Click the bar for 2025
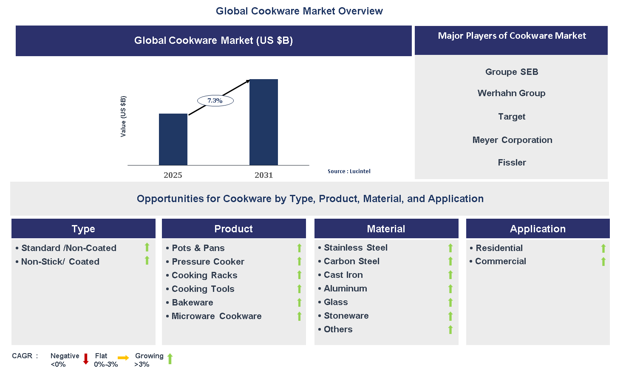pos(173,139)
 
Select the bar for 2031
pos(263,122)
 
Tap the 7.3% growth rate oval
pos(215,101)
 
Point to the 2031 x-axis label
pos(263,175)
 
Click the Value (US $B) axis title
pos(123,117)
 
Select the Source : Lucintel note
pos(349,171)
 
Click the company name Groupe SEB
pos(512,72)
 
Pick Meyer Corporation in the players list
pos(512,140)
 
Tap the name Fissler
pos(512,163)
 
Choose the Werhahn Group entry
pos(511,93)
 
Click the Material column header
pos(386,229)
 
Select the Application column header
pos(538,229)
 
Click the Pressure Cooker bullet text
pos(208,262)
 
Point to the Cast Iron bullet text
pos(343,275)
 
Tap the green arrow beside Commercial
pos(603,262)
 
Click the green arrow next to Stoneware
pos(450,316)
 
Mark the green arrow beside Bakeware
pos(299,303)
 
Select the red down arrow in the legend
pos(86,359)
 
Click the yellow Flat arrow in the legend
pos(123,358)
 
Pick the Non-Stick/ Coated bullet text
pos(60,262)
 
